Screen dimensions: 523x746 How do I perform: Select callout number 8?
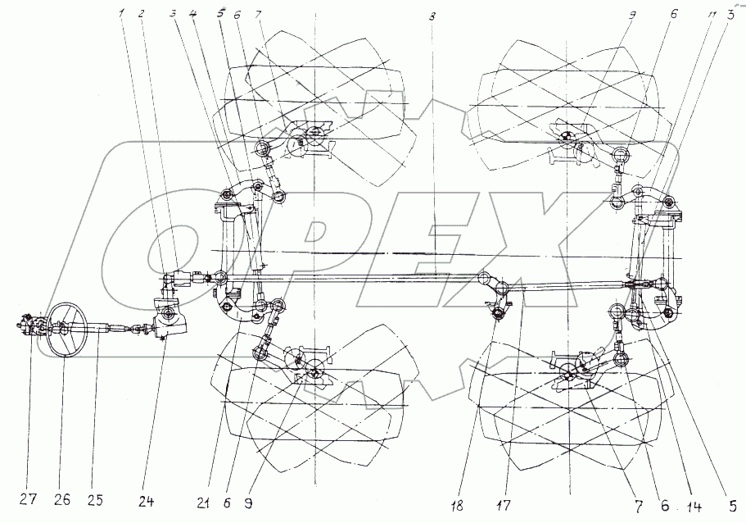coord(432,16)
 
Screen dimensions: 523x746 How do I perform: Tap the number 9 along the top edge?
coord(630,14)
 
